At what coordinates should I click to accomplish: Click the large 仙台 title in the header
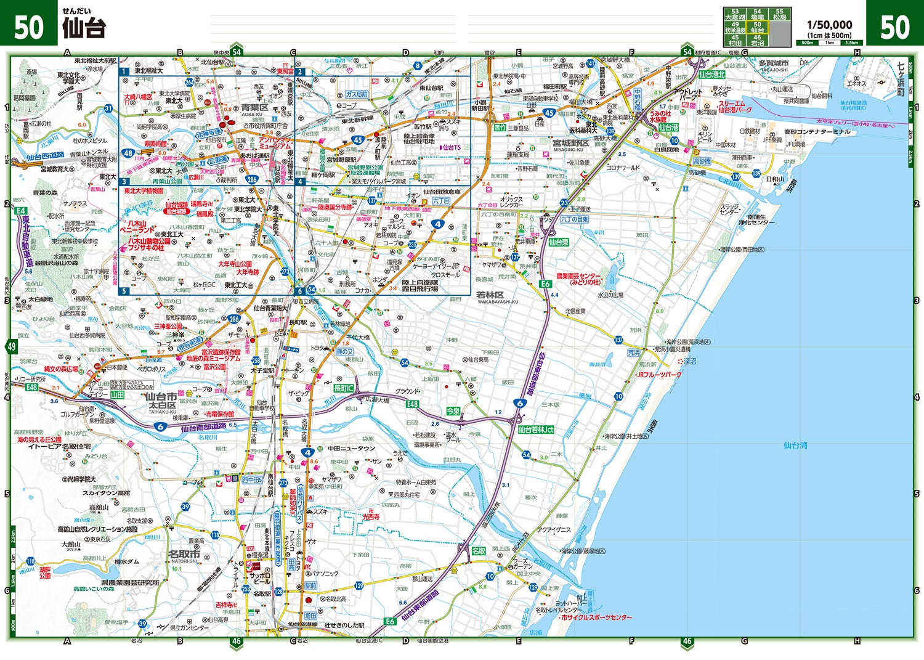point(84,28)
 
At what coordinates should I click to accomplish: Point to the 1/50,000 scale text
point(830,25)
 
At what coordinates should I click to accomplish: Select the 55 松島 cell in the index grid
point(780,14)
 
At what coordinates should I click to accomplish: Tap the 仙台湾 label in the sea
point(795,445)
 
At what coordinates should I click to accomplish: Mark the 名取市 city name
point(184,555)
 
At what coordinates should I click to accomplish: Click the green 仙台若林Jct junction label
point(536,430)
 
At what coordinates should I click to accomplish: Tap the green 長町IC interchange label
point(344,388)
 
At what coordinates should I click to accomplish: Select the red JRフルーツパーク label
point(659,375)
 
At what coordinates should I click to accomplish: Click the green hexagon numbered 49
point(12,346)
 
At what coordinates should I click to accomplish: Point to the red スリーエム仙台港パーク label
point(735,107)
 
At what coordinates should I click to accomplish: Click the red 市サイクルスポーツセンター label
point(596,617)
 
